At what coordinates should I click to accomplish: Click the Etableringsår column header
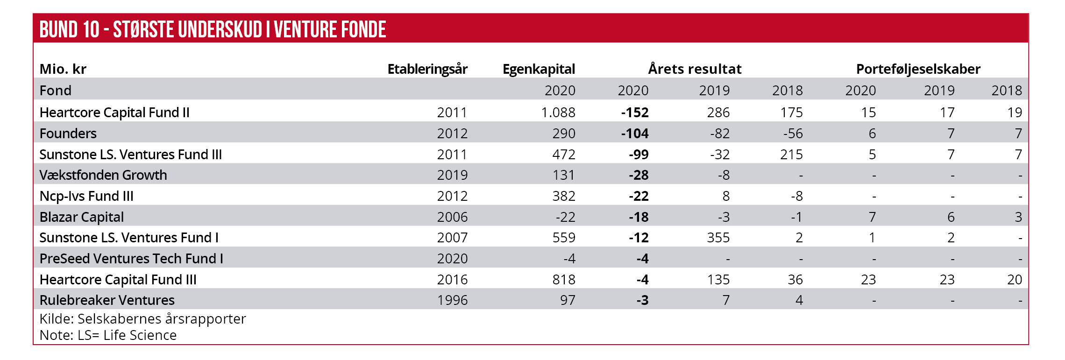coord(427,69)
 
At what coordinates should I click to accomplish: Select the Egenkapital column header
coord(539,69)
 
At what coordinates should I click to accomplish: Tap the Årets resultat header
coord(695,69)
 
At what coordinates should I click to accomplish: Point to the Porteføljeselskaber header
coord(918,69)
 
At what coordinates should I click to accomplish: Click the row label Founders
coord(68,134)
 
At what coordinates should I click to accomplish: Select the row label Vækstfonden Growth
coord(103,175)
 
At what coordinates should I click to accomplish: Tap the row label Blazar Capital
coord(82,217)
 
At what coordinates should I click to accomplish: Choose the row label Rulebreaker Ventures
coord(107,300)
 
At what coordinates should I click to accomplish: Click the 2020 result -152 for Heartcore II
coord(635,113)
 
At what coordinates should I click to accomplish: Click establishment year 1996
coord(452,300)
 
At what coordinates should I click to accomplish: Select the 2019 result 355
coord(718,238)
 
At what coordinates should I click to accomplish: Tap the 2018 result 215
coord(791,155)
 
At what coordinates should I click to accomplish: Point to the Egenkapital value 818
coord(564,280)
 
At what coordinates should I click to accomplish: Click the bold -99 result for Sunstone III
coord(639,155)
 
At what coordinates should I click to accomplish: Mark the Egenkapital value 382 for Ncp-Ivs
coord(564,196)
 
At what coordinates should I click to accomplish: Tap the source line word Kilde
coord(56,319)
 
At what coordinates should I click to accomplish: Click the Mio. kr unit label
coord(63,69)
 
